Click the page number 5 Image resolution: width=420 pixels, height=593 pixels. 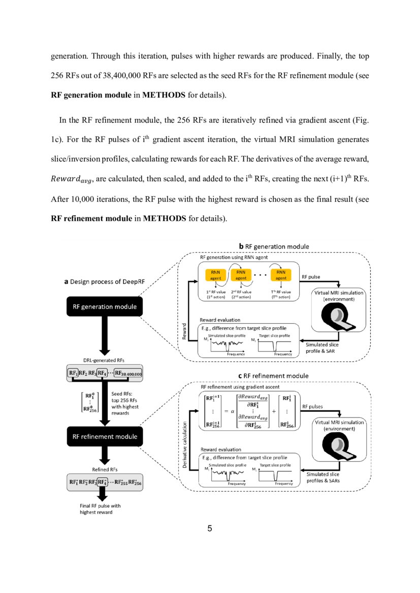209,529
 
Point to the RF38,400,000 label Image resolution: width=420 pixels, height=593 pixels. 128,373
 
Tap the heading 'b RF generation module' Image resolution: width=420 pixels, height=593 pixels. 274,247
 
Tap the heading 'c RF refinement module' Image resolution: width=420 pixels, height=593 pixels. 274,376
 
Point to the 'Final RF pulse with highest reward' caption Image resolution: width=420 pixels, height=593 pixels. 101,509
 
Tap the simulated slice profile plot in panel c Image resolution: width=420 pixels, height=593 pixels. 227,475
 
